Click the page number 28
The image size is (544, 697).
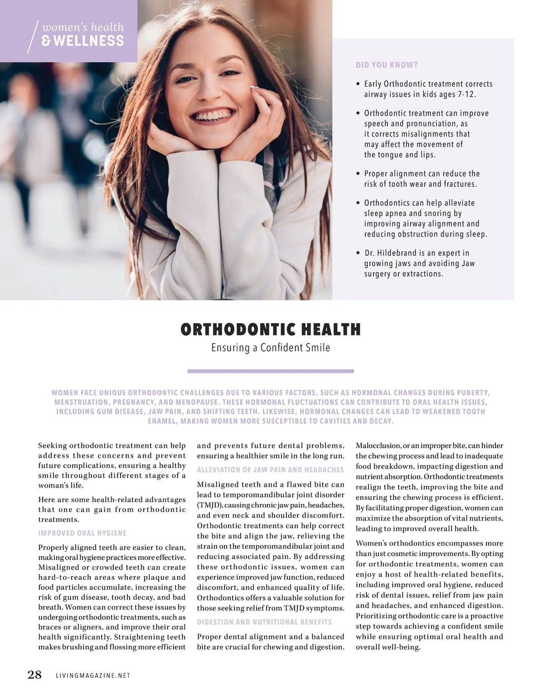coord(34,675)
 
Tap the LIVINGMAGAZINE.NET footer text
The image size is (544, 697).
coord(93,676)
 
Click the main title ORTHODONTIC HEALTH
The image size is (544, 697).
coord(271,329)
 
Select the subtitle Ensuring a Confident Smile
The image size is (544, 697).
coord(271,348)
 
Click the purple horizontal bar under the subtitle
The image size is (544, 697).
coord(271,371)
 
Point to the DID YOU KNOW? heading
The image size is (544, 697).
coord(387,65)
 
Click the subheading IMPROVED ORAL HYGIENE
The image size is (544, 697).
coord(83,533)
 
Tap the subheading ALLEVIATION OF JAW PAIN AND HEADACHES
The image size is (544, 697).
coord(270,470)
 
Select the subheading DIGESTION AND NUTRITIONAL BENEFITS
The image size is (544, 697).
coord(264,622)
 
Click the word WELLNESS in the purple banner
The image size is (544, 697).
coord(89,41)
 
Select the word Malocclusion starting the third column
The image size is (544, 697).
coord(378,445)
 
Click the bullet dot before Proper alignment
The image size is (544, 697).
coord(358,174)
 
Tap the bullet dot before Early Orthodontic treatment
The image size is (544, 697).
coord(358,84)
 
